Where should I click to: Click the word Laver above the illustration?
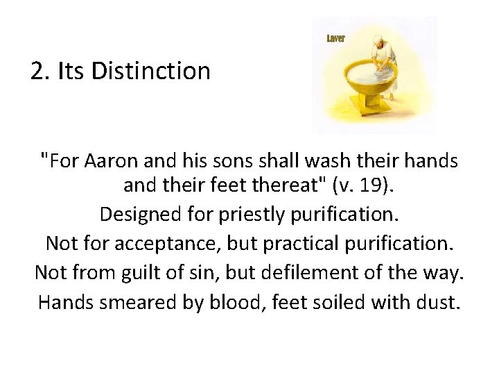tap(336, 38)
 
